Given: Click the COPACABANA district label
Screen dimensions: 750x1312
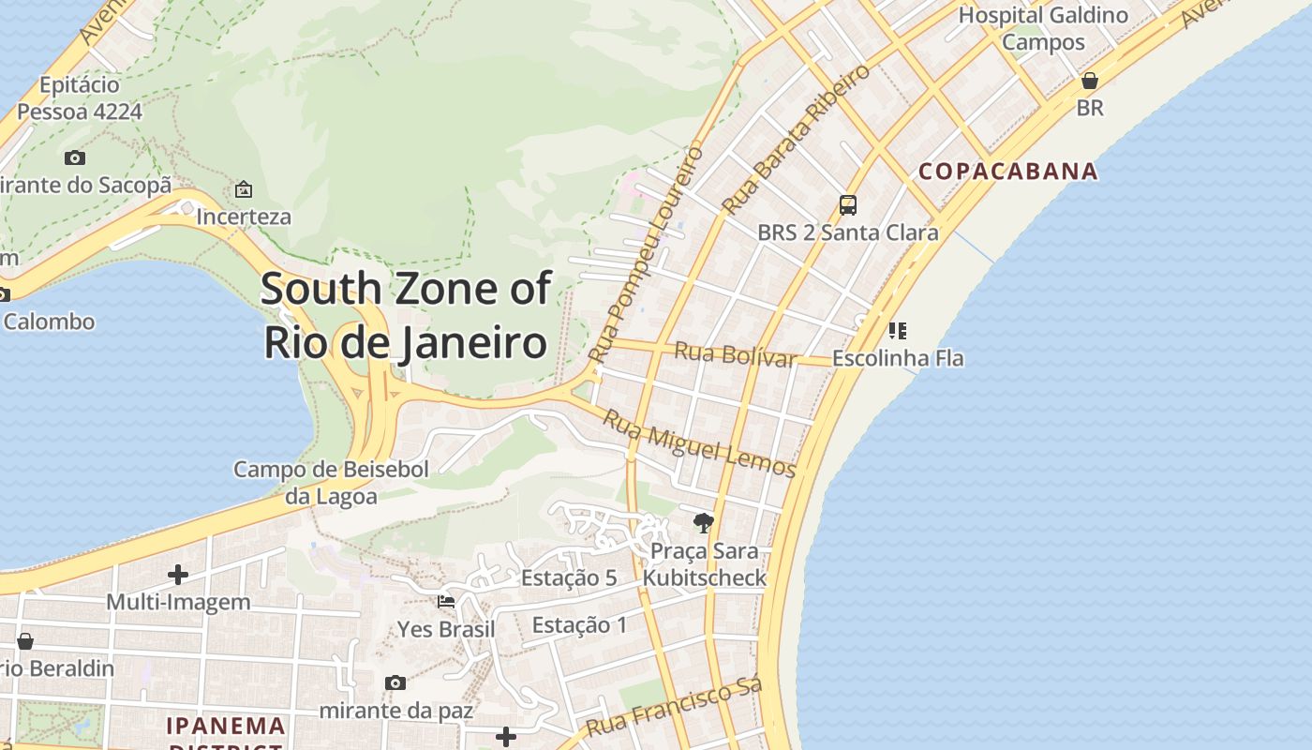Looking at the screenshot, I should coord(1007,171).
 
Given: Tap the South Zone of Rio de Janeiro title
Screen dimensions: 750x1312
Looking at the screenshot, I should coord(406,315).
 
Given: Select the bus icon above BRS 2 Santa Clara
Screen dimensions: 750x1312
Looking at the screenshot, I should coord(848,204).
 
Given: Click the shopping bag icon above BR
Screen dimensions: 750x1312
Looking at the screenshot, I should coord(1089,81).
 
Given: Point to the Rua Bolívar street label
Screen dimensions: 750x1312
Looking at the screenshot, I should coord(736,355).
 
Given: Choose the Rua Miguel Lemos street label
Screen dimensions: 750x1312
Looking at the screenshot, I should coord(698,443).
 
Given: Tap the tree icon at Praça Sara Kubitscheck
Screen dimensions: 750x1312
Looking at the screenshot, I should coord(703,522).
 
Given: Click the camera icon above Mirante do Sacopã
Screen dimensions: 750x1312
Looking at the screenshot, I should coord(75,157).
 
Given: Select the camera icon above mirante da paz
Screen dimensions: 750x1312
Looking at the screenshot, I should coord(395,682).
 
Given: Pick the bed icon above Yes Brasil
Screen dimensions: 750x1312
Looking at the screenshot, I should coord(446,601).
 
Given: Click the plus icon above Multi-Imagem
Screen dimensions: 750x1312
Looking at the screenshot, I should coord(178,574).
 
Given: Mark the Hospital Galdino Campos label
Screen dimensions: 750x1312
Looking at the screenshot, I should coord(1043,28).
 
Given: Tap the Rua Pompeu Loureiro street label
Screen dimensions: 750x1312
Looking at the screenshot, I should coord(646,254).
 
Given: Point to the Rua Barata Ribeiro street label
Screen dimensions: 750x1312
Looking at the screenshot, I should coord(797,138).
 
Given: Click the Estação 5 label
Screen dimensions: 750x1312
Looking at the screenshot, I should coord(569,577).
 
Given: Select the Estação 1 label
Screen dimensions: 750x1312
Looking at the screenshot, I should coord(579,624).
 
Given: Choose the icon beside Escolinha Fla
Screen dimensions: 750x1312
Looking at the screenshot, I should coord(897,330).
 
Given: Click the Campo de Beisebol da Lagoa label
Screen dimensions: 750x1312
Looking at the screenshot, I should coord(331,482).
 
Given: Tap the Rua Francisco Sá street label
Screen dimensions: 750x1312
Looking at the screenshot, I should coord(672,709).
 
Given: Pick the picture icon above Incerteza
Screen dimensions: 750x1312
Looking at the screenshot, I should coord(244,189).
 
